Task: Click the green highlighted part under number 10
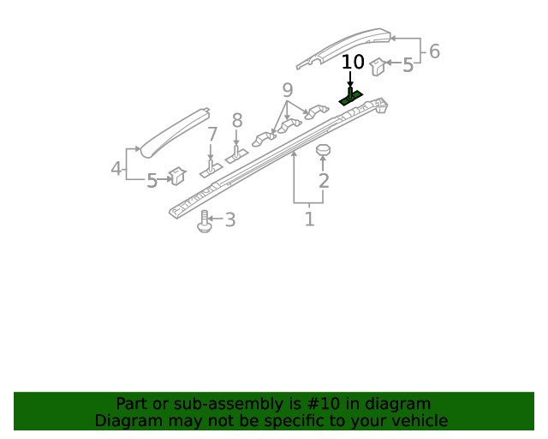351,98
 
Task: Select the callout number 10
353,63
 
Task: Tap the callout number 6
434,51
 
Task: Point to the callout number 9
287,90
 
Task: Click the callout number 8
237,121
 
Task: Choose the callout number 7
212,135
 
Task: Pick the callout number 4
116,169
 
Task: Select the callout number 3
229,220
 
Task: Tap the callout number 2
324,181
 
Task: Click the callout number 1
309,219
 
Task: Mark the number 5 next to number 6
408,64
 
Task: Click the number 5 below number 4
152,181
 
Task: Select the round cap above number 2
324,151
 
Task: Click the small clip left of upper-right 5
377,65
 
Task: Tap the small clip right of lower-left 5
178,176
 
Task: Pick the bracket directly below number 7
211,169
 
